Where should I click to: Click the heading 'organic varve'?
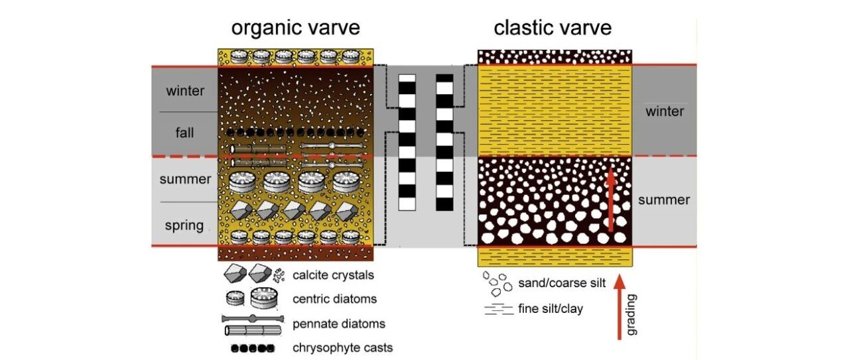295,27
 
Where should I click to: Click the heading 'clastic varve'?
553,27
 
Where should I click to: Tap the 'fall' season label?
185,133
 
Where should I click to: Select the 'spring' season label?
184,225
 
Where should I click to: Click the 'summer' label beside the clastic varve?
664,200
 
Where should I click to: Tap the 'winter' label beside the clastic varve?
665,111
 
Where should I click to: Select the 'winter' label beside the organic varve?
185,90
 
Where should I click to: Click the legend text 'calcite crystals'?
333,275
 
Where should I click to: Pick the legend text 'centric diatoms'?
334,299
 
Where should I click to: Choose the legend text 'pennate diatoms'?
338,324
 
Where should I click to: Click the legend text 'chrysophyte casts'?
342,347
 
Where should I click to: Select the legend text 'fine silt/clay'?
550,308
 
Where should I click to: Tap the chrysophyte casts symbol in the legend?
248,347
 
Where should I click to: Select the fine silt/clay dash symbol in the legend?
498,310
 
